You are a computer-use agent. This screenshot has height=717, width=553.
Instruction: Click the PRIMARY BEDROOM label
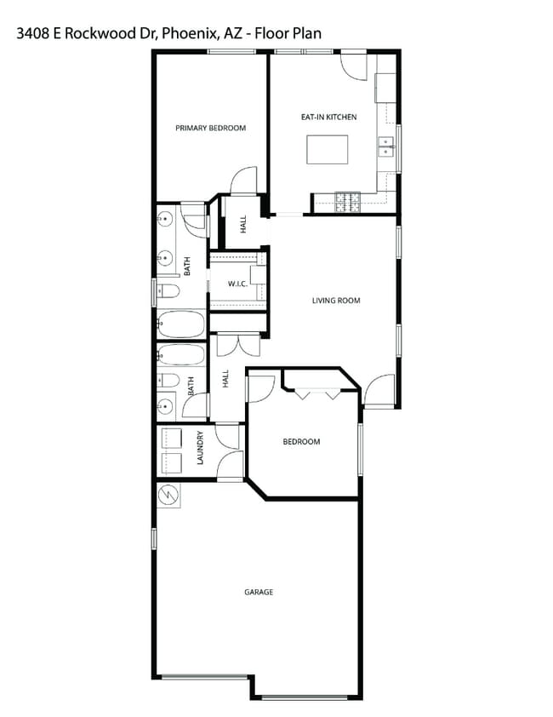[x=210, y=128]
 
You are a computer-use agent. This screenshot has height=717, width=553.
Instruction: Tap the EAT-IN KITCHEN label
[x=328, y=117]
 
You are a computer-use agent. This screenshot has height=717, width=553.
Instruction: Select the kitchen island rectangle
[x=328, y=150]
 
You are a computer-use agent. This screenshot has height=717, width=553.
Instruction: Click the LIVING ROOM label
[x=336, y=300]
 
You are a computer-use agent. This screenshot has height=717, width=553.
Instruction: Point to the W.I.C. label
[x=237, y=284]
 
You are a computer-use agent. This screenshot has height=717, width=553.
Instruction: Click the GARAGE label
[x=259, y=592]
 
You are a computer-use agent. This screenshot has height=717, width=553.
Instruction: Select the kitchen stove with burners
[x=349, y=201]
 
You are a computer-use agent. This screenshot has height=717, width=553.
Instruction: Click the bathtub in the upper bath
[x=180, y=324]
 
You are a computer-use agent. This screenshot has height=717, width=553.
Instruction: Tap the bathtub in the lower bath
[x=180, y=354]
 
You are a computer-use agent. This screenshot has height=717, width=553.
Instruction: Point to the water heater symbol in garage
[x=168, y=494]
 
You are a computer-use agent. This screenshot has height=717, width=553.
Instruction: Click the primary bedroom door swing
[x=243, y=180]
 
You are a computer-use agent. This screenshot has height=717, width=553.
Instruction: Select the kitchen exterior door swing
[x=353, y=66]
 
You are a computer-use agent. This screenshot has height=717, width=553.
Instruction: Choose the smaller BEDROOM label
[x=301, y=441]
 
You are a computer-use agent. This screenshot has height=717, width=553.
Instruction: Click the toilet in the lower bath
[x=168, y=380]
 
